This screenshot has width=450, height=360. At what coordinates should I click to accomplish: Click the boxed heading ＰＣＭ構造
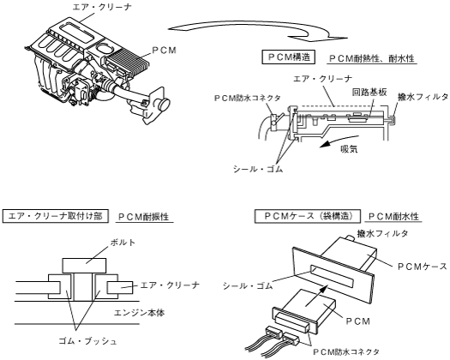coord(288,57)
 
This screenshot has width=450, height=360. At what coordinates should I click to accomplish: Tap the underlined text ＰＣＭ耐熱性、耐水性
coord(372,58)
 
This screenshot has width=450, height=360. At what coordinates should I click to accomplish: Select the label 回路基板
coord(369,92)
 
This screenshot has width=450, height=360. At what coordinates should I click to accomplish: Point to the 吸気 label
coord(349,148)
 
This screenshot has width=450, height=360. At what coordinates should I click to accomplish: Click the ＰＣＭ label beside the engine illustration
coord(164,51)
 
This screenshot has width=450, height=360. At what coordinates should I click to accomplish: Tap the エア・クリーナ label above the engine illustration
coord(102,7)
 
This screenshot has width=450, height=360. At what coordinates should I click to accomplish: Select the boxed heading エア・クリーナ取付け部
coord(56,216)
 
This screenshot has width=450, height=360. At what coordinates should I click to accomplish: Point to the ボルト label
coord(123,243)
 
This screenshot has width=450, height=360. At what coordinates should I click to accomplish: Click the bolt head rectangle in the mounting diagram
coord(84,266)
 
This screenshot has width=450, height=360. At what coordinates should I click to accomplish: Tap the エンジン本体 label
coord(139,312)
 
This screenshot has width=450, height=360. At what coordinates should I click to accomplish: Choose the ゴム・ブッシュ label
coord(87,341)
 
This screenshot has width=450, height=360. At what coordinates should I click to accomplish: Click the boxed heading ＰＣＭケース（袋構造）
coord(308,216)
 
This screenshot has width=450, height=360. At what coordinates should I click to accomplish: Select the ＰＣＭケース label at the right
coord(423,267)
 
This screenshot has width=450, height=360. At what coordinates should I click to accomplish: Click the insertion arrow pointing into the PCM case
coord(316,295)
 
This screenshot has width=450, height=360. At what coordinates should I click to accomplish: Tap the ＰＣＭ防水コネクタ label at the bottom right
coord(346,351)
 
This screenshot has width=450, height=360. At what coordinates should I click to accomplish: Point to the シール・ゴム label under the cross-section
coord(258,169)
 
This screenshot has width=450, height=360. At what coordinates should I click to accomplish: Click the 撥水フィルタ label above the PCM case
coord(382,233)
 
